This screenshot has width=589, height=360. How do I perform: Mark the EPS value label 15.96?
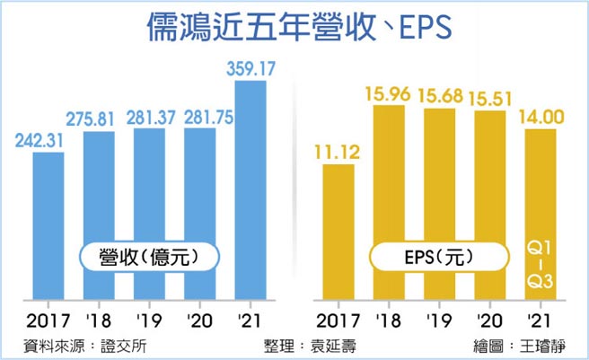click(387, 93)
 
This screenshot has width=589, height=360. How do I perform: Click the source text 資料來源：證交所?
click(76, 346)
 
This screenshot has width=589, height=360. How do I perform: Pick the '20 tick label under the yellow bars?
click(488, 321)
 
